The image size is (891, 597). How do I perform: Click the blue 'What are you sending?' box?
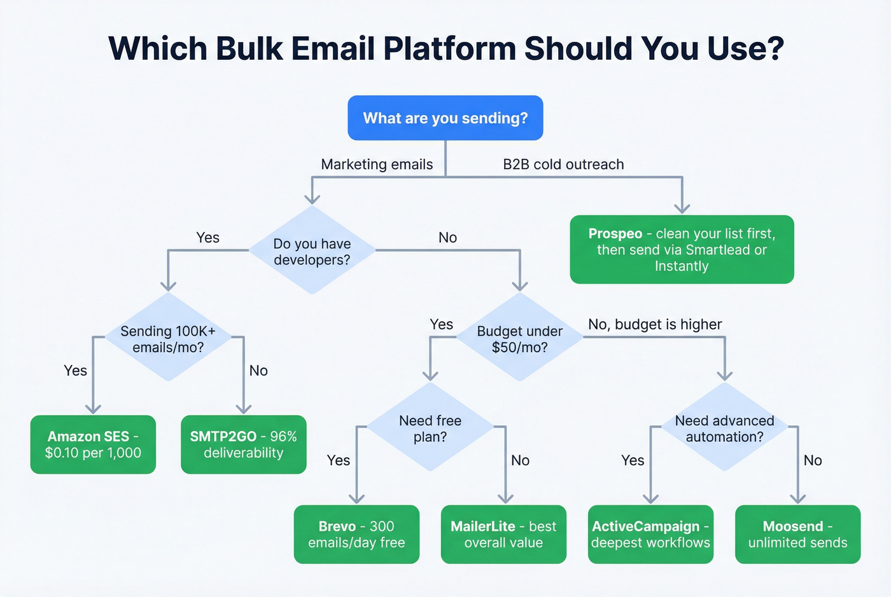click(445, 118)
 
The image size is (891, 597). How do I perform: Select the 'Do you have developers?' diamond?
click(312, 250)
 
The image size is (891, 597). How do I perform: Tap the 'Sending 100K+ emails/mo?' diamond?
click(168, 338)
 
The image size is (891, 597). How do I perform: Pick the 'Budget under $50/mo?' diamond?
click(520, 338)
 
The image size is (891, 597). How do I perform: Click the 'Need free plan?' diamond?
click(430, 427)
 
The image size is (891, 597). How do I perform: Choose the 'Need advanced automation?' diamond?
click(724, 427)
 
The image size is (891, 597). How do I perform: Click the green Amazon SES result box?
click(93, 444)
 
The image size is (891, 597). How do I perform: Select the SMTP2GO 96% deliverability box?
click(243, 444)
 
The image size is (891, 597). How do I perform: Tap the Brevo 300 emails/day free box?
click(356, 534)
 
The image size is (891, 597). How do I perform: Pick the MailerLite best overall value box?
click(503, 534)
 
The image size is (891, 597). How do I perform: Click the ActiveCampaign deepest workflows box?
click(650, 534)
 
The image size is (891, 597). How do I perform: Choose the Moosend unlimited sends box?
click(797, 534)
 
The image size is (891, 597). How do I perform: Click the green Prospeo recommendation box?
click(682, 249)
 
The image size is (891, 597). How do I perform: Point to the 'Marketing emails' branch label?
click(377, 164)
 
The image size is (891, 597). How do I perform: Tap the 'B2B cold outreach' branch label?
click(563, 164)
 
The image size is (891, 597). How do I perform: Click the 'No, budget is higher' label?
click(655, 324)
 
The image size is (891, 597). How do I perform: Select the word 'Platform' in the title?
click(449, 48)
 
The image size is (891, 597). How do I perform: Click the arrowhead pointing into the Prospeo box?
click(682, 209)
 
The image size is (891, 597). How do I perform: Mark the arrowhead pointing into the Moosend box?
click(798, 498)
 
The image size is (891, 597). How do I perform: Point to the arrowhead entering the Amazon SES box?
click(94, 409)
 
